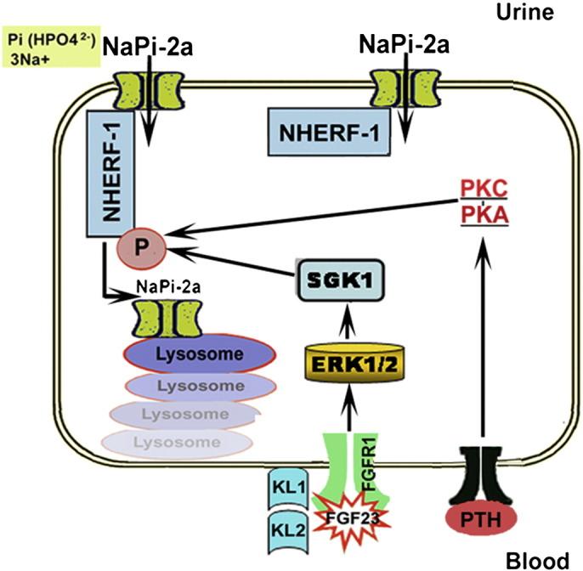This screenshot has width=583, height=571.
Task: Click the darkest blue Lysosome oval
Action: click(190, 353)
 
